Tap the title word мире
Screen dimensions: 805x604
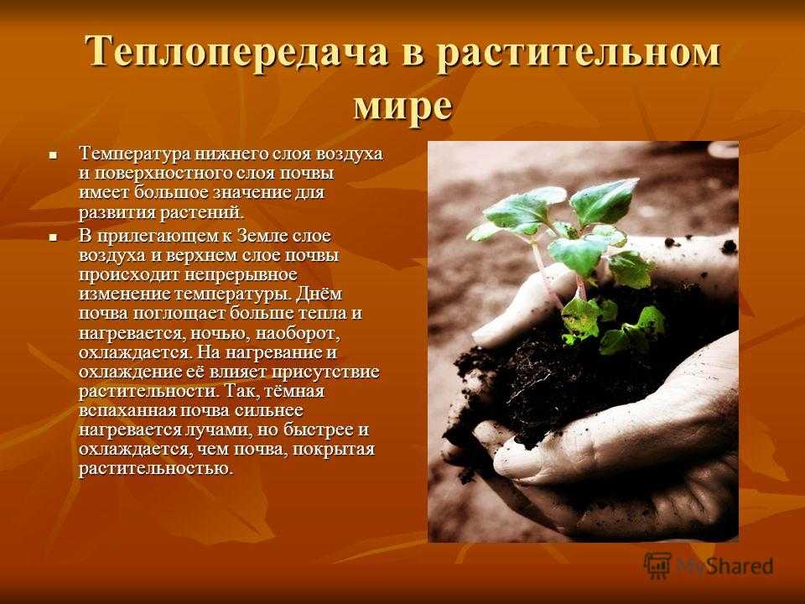tap(403, 106)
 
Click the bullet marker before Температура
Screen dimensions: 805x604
tap(52, 154)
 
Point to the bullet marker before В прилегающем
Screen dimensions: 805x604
tap(52, 237)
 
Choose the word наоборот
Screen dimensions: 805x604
tap(299, 334)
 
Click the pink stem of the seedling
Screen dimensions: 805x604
tap(544, 272)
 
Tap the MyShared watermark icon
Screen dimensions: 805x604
tap(657, 565)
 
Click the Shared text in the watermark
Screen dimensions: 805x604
tap(742, 566)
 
